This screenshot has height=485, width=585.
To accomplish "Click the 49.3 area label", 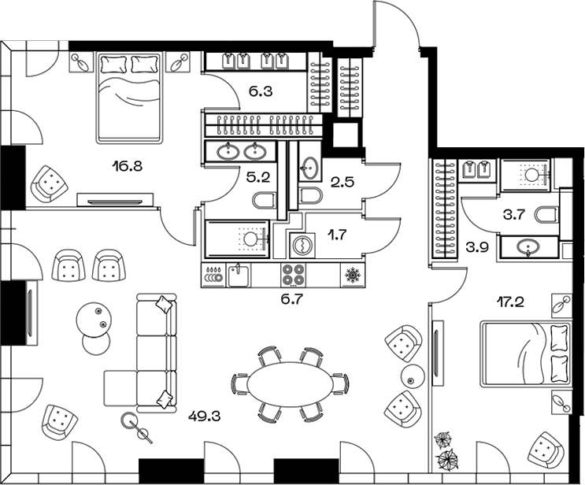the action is [204, 415].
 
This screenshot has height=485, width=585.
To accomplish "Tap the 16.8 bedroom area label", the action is [127, 165].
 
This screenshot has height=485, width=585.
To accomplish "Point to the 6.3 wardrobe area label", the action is [261, 91].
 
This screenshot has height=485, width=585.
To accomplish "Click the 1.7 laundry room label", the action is [338, 235].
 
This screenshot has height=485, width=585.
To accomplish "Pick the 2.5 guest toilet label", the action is [342, 182].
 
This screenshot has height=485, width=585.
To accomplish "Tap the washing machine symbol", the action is [302, 245].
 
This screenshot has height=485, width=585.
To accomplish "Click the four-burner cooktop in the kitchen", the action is [293, 276].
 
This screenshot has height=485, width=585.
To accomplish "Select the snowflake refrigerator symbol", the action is [352, 276].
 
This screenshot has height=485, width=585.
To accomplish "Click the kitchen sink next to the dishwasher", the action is [239, 276].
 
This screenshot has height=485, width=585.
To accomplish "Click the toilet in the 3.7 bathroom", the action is [547, 215].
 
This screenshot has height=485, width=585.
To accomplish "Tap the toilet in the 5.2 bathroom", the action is [265, 200].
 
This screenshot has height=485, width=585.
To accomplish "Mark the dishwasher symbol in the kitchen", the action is [213, 276].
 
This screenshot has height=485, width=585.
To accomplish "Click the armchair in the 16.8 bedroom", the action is [50, 183].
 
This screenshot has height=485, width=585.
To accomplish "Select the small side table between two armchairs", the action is [413, 376].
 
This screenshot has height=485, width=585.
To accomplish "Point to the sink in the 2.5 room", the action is [309, 167].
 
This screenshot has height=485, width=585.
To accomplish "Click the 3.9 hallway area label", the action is [477, 248].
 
